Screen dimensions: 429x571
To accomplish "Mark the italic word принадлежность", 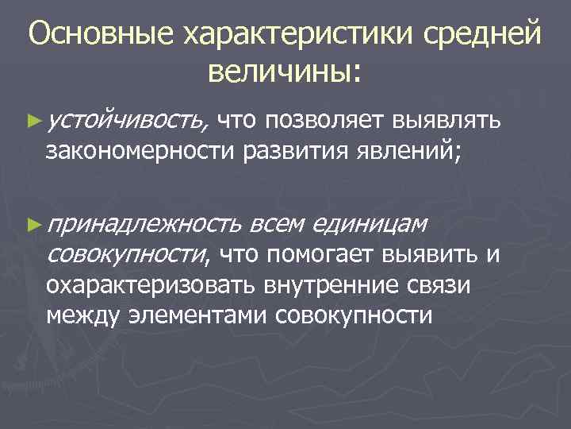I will click(x=142, y=226).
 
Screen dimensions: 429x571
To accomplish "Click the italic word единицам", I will click(x=370, y=226).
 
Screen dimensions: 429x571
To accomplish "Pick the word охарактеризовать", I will click(x=150, y=284).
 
